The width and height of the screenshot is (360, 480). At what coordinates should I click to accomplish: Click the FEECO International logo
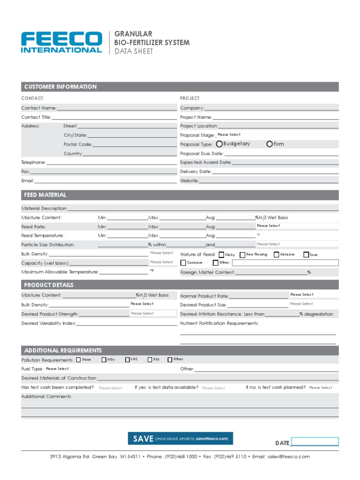[61, 42]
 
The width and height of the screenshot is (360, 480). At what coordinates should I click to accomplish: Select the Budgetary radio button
[219, 144]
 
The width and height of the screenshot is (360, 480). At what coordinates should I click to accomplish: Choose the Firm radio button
[270, 144]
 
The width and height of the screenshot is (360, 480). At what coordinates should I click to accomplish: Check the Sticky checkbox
[222, 255]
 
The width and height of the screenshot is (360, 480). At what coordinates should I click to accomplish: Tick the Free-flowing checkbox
[242, 255]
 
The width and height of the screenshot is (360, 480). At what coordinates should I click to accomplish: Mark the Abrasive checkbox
[277, 255]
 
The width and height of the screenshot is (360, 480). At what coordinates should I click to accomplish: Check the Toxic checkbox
[306, 255]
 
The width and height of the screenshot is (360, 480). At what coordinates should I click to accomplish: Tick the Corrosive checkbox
[183, 263]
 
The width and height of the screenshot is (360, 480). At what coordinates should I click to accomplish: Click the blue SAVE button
[180, 439]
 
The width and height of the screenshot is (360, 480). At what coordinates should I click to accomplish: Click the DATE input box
[315, 442]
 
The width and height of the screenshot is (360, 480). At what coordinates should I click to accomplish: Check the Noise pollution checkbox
[78, 360]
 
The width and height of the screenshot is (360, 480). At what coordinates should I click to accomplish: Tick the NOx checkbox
[104, 360]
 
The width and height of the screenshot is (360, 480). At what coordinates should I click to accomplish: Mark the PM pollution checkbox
[150, 360]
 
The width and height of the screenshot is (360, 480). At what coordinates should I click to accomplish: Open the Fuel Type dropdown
[58, 369]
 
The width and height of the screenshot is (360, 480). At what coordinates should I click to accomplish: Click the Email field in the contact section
[105, 181]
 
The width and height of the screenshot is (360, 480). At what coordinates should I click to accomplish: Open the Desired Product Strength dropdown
[153, 314]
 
